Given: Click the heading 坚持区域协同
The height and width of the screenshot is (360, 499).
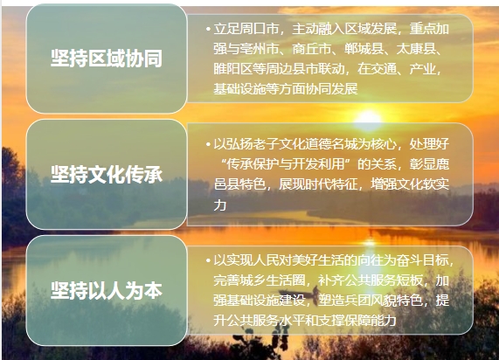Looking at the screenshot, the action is pos(107,58).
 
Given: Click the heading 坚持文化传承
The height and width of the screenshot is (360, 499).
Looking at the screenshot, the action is pos(107,174).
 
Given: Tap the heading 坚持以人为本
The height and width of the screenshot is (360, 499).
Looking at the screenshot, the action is pos(107,290).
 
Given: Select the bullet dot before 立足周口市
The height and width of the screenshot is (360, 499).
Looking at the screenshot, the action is pos(208,30).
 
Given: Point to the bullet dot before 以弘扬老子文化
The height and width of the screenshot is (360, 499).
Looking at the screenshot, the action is pos(208,145).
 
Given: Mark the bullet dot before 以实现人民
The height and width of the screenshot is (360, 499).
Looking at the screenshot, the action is pos(208,260).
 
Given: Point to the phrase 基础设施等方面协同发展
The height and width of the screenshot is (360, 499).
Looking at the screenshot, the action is pos(286,88).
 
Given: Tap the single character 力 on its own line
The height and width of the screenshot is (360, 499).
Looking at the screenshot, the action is pos(220,204).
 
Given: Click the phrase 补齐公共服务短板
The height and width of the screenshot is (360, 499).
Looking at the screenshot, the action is pos(371,280).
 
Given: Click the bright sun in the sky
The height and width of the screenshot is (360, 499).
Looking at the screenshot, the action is pos(368,119).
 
